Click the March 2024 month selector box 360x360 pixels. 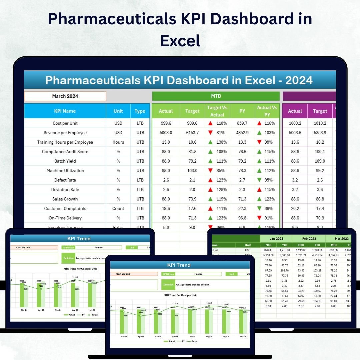click(65, 96)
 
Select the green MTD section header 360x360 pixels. click(216, 96)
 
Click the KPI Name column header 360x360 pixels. click(65, 111)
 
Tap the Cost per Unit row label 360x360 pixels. click(65, 123)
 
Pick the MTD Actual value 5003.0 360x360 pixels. click(166, 133)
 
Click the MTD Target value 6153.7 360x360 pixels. click(192, 133)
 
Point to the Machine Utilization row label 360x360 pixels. click(65, 171)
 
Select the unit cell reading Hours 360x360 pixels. click(118, 142)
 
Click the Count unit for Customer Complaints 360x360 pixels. click(118, 209)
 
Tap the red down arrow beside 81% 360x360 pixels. click(210, 133)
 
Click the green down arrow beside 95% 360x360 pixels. click(259, 180)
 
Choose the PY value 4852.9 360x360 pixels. click(242, 133)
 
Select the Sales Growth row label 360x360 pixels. click(65, 199)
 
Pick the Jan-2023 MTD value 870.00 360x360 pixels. click(268, 250)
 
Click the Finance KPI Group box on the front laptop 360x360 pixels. click(198, 274)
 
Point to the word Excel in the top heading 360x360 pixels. click(180, 41)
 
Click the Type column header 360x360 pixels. click(140, 111)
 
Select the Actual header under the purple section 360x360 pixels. click(295, 111)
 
